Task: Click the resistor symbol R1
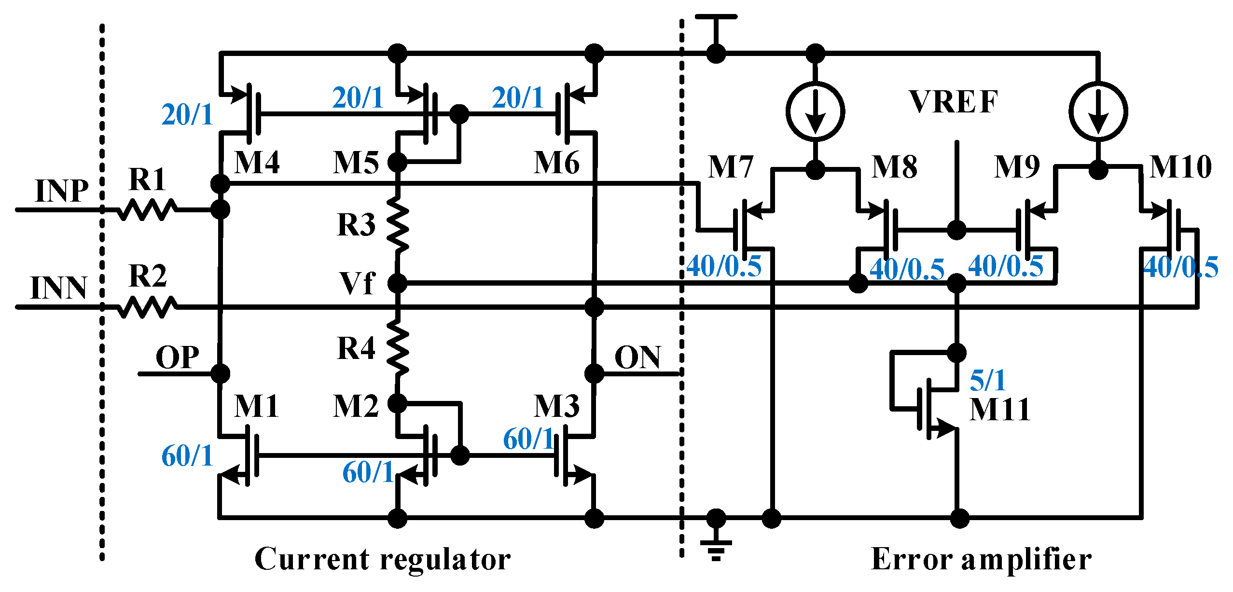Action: pyautogui.click(x=147, y=210)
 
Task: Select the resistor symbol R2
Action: pyautogui.click(x=147, y=307)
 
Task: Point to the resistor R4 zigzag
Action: pyautogui.click(x=398, y=347)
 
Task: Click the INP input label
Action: pyautogui.click(x=62, y=191)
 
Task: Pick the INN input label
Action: pyautogui.click(x=58, y=288)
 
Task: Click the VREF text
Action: pyautogui.click(x=953, y=102)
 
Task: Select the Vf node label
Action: pyautogui.click(x=357, y=283)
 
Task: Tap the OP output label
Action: pyautogui.click(x=177, y=358)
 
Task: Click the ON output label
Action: pyautogui.click(x=637, y=358)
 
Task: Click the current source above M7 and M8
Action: pyautogui.click(x=815, y=111)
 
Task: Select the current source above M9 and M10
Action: pyautogui.click(x=1098, y=111)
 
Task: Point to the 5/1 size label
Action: pyautogui.click(x=987, y=380)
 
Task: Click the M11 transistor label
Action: pyautogui.click(x=1000, y=410)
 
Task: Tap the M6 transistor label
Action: pyautogui.click(x=556, y=163)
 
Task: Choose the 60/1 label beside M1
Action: pyautogui.click(x=187, y=455)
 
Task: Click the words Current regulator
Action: pyautogui.click(x=382, y=559)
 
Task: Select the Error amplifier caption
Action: pyautogui.click(x=981, y=559)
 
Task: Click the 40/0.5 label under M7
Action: pyautogui.click(x=723, y=266)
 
